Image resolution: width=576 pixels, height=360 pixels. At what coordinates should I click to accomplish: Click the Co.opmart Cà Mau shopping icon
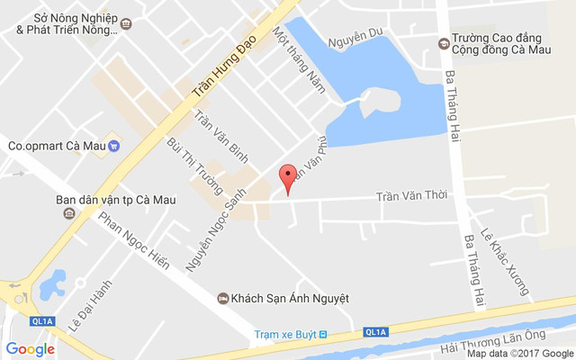pos(114,145)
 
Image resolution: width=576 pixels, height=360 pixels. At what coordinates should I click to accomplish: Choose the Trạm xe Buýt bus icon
pos(324,335)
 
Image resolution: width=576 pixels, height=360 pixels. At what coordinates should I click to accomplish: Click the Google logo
pos(30,349)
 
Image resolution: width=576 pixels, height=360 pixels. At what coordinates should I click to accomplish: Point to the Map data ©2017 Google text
pos(519,353)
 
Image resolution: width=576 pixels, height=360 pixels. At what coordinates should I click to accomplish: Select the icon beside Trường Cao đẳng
pos(443,42)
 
